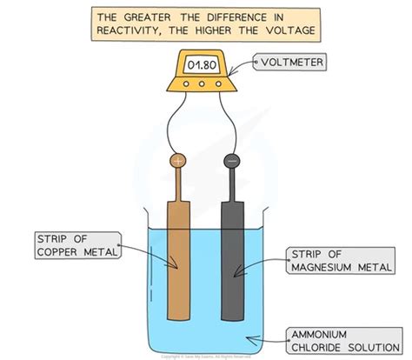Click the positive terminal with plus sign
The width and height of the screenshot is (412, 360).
pyautogui.click(x=177, y=161)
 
